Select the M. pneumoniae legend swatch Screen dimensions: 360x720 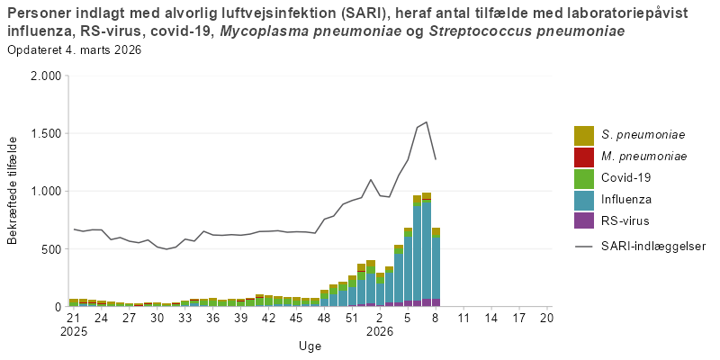(584, 157)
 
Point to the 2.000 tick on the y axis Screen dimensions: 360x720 (45, 76)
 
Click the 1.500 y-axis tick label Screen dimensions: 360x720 (45, 133)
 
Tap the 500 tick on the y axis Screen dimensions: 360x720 (50, 249)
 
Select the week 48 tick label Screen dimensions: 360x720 (324, 318)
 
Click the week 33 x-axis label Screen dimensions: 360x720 (184, 318)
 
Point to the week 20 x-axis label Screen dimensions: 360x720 (546, 318)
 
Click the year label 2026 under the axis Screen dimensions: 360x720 (380, 330)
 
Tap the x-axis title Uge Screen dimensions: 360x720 (310, 346)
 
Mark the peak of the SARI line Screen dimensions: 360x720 (426, 122)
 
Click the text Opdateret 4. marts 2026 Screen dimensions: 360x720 (74, 49)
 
